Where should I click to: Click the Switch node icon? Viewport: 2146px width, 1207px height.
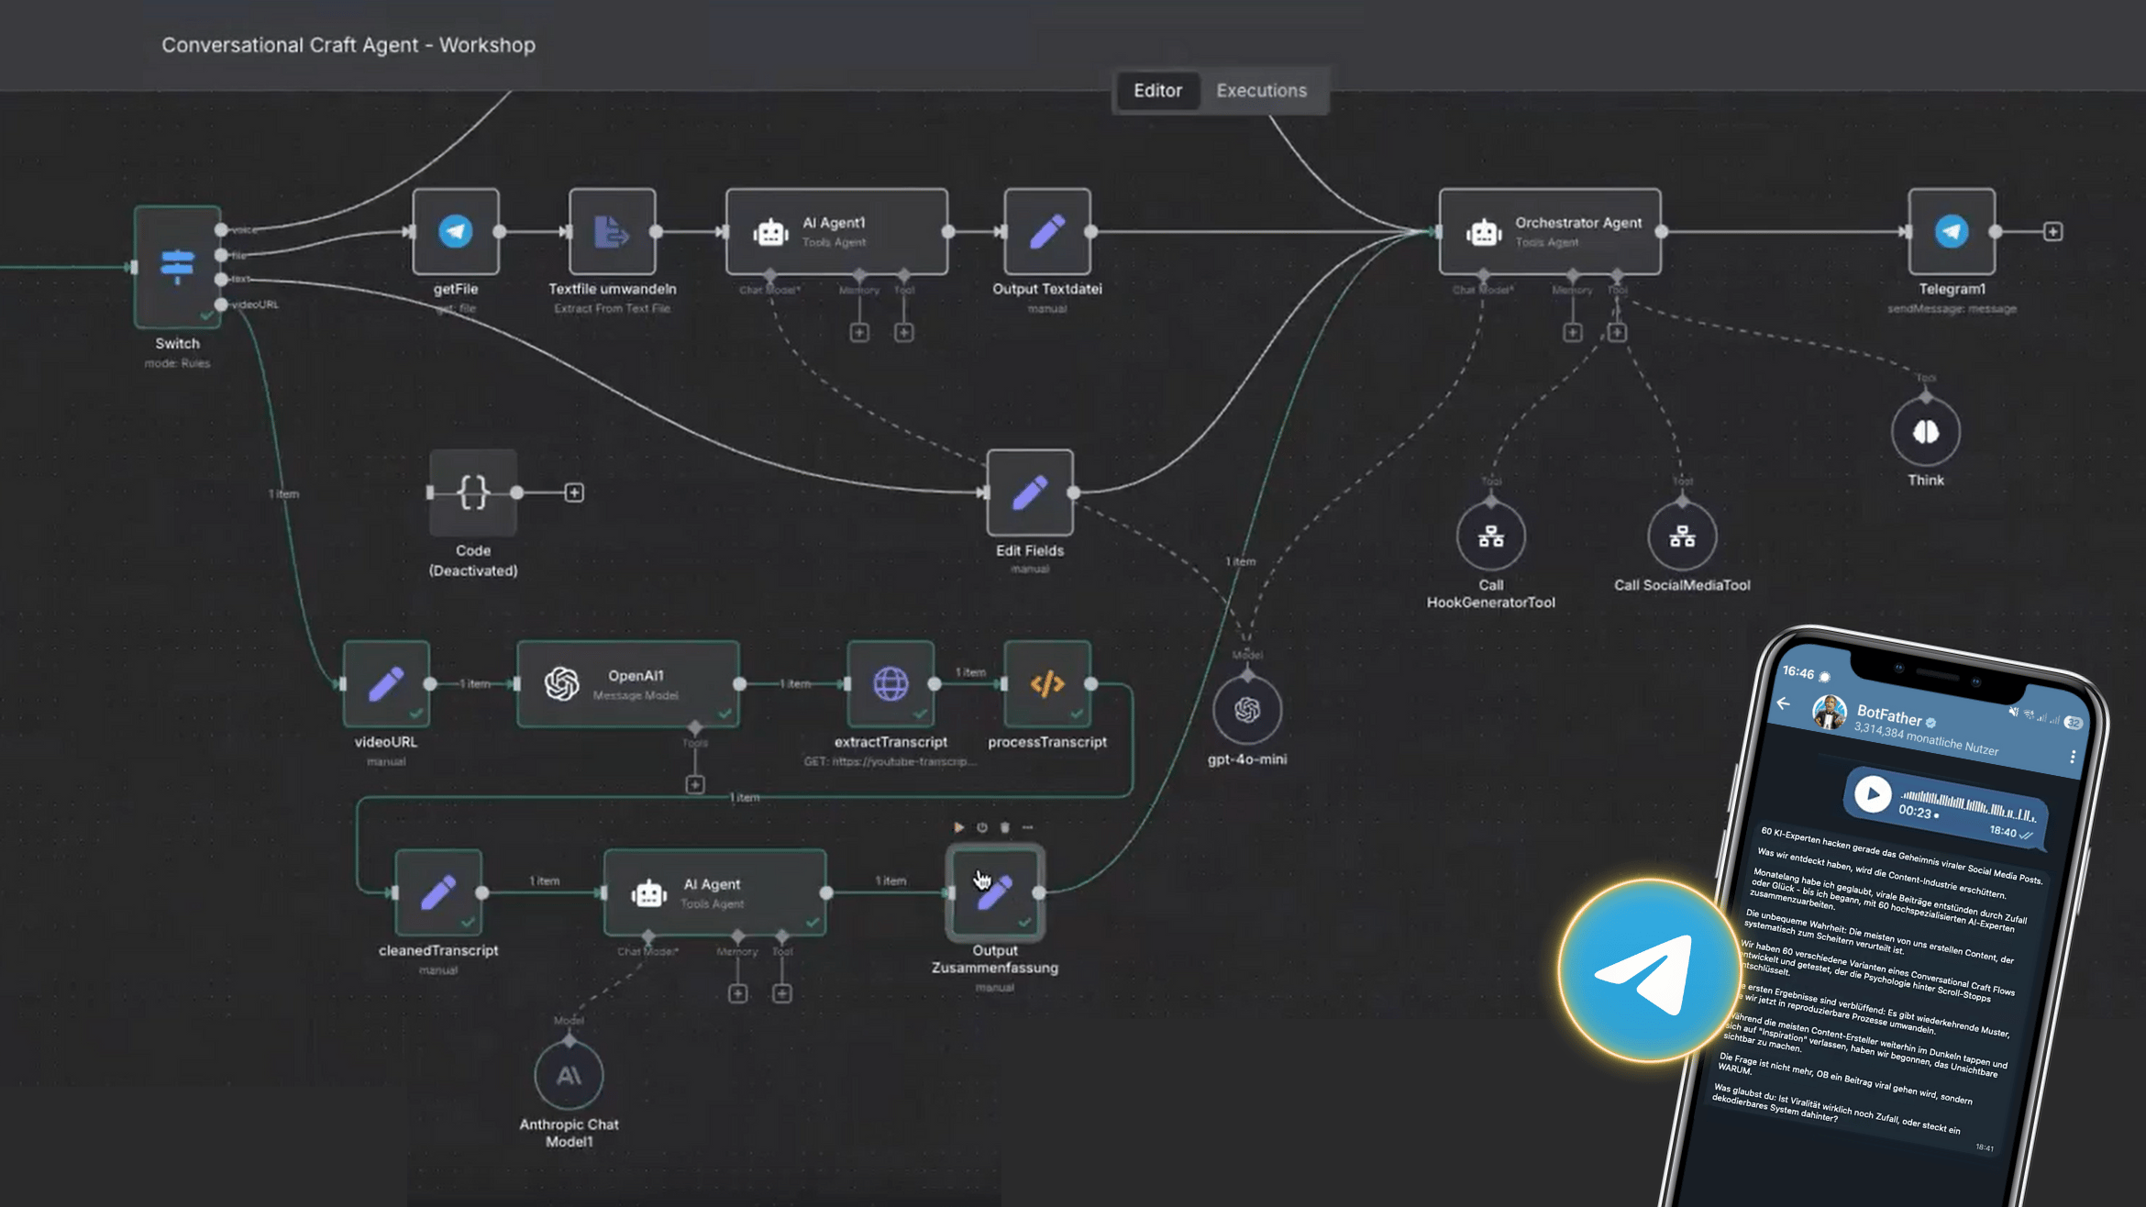(177, 266)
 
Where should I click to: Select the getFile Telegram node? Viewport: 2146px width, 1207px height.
(456, 231)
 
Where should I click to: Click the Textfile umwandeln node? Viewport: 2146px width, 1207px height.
(612, 231)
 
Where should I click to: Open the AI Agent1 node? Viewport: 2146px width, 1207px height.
(835, 231)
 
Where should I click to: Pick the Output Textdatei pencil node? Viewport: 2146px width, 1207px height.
(1046, 231)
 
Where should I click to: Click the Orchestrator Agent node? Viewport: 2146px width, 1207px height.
(1549, 231)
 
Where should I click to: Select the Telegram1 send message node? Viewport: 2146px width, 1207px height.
(1951, 231)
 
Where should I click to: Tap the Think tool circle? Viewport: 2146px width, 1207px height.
(1925, 432)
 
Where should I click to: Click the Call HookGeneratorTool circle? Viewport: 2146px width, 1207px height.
(1490, 537)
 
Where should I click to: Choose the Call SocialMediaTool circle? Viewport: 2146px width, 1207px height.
(1681, 537)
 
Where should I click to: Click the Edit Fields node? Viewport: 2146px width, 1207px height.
(1029, 493)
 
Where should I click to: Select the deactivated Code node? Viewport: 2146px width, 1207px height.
(473, 493)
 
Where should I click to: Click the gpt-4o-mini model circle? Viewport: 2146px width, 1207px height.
(1246, 709)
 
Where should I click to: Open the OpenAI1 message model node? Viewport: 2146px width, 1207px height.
(628, 684)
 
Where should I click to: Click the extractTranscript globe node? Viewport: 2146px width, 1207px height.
(890, 684)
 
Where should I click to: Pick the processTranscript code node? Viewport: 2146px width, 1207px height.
(1046, 684)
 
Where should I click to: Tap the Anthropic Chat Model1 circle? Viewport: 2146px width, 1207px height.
(569, 1076)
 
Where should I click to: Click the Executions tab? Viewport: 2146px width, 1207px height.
(1261, 91)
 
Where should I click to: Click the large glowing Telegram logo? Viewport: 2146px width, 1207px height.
(1648, 971)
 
